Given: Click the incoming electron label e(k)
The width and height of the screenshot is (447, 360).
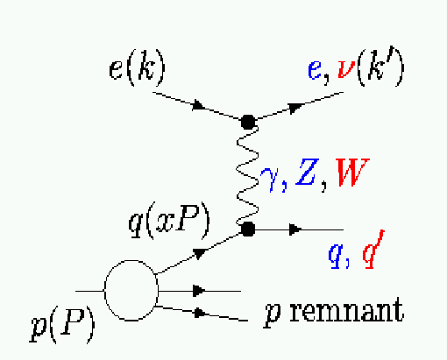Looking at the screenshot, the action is [x=137, y=67].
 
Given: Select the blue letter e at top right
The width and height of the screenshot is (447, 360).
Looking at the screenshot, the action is [x=315, y=70].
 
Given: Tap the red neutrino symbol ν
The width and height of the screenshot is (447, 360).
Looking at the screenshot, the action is [x=346, y=69].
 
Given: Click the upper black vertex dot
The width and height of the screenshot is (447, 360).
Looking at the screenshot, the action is [x=248, y=122].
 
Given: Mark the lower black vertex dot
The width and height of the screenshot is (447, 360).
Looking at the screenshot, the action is [x=248, y=229].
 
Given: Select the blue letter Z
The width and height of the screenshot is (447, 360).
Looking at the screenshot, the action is [x=307, y=172].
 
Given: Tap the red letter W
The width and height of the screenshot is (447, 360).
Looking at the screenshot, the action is [x=352, y=173].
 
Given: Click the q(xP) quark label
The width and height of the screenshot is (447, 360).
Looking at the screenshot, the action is [x=169, y=221].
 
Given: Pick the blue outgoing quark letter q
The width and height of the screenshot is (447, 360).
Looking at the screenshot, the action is [x=335, y=256].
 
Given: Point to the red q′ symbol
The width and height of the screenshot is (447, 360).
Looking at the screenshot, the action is [x=372, y=250].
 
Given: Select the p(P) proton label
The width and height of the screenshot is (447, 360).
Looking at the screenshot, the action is [x=62, y=325].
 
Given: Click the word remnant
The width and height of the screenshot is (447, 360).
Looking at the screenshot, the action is [x=347, y=311].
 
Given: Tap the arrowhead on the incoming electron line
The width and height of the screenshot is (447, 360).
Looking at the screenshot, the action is [x=199, y=105].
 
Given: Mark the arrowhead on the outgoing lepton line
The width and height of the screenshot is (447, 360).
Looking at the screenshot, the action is [x=295, y=108].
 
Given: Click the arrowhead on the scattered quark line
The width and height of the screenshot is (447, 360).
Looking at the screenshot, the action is [x=295, y=229].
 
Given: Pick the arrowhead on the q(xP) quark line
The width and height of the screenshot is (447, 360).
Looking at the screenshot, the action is [x=200, y=253].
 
